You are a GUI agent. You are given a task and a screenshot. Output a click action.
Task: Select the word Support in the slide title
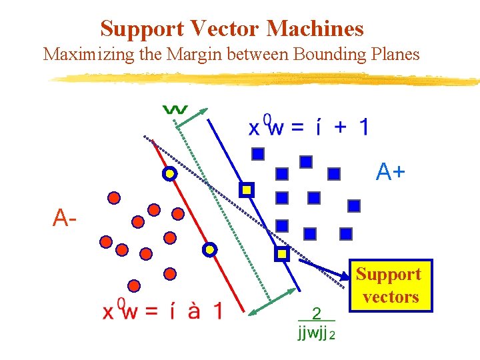(142, 29)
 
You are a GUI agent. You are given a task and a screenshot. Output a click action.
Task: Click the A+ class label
(390, 173)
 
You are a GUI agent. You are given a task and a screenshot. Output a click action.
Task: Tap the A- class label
(65, 217)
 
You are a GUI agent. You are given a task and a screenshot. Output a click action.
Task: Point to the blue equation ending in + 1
(307, 127)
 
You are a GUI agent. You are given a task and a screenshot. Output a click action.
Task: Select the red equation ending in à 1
(162, 311)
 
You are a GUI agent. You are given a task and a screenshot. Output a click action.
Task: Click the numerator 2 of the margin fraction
(317, 313)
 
